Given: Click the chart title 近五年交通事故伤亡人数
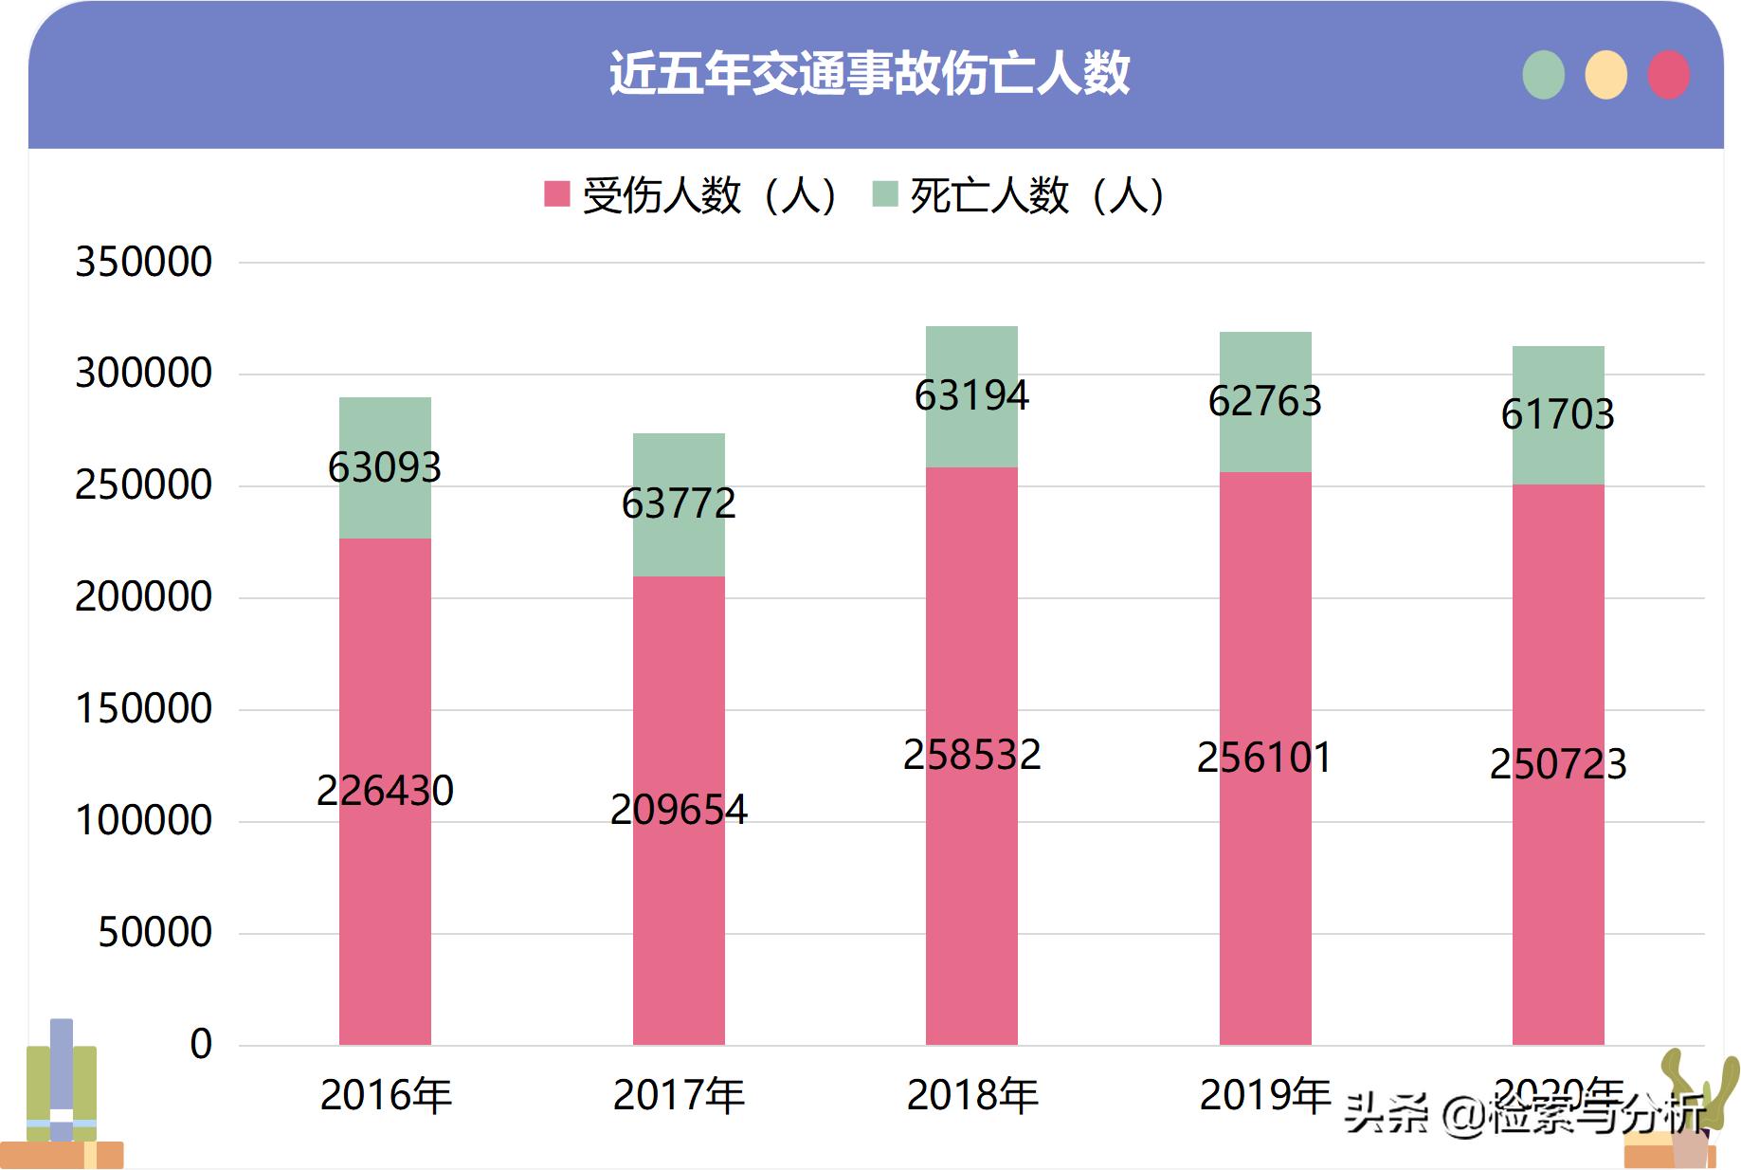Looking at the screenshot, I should point(869,73).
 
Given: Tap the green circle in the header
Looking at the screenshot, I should point(1543,75).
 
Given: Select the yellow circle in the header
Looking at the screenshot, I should point(1605,75).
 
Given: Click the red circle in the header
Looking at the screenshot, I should point(1668,75).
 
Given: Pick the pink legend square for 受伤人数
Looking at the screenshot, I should point(557,194).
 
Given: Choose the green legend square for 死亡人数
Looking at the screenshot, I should point(884,194).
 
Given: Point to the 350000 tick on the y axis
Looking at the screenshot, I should point(144,262).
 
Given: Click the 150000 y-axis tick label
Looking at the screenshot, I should point(144,709).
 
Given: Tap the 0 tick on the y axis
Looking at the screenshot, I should point(201,1044).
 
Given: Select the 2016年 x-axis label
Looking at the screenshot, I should point(386,1096).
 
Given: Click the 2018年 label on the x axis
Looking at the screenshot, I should point(972,1096).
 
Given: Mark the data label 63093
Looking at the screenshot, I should point(385,467).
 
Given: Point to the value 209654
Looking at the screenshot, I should point(679,810).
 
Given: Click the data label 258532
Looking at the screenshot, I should point(972,756).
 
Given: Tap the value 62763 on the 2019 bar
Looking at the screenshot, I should point(1265,401).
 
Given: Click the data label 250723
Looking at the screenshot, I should point(1558,764).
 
